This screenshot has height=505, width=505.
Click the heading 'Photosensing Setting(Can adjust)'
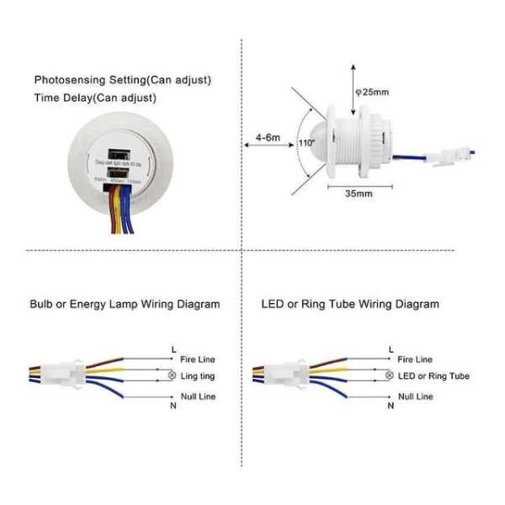point(123,80)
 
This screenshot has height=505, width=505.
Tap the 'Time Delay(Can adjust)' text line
point(95,98)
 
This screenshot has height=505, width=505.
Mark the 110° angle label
point(305,144)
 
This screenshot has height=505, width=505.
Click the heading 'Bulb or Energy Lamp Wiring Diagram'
point(125,304)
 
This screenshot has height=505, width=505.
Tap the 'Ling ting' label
point(199,375)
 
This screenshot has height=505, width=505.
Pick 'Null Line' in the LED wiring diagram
point(415,396)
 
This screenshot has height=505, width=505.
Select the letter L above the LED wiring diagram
point(390,348)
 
